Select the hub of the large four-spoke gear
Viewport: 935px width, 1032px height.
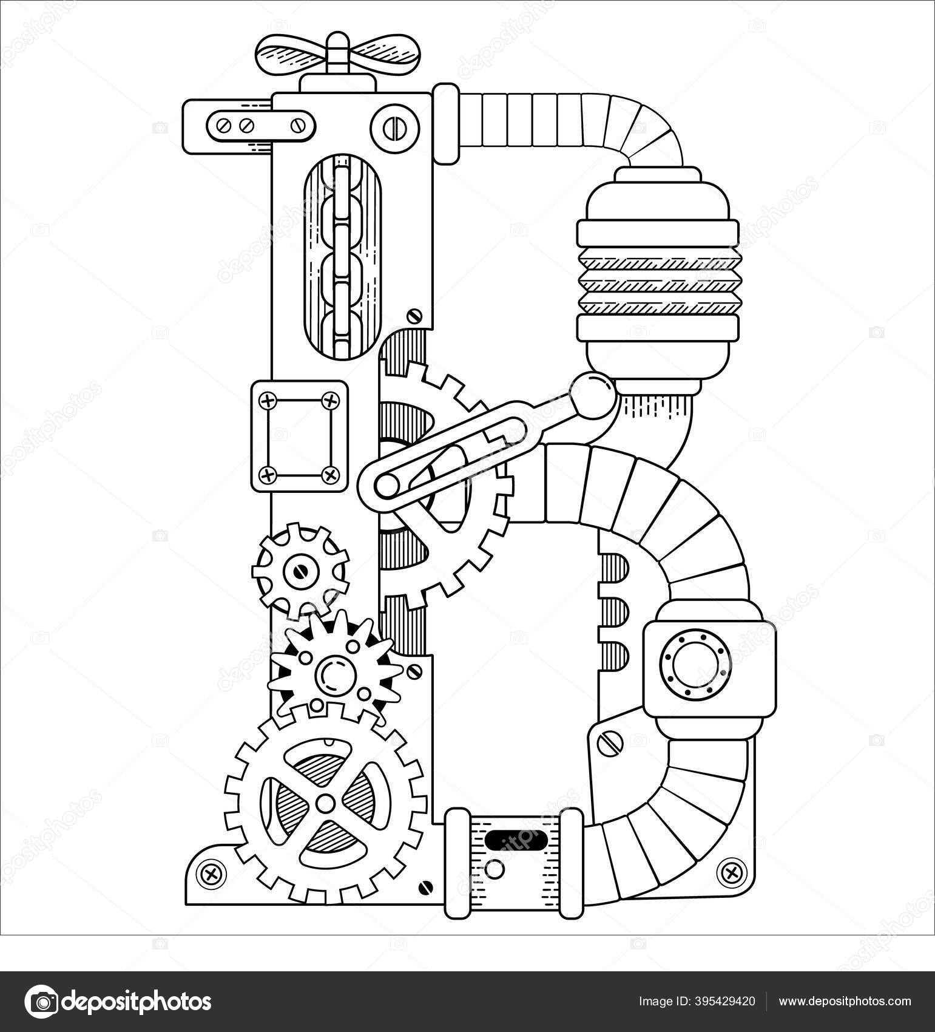click(325, 803)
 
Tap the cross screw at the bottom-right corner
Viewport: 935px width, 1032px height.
click(731, 872)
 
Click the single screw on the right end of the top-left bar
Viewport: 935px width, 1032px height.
click(298, 126)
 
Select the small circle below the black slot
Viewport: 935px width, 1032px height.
click(495, 870)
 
